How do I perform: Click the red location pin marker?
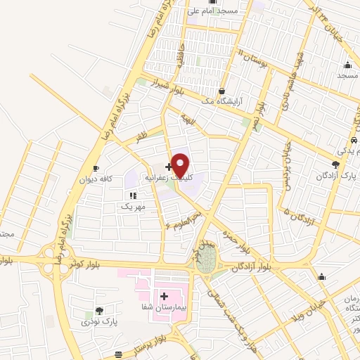(180, 165)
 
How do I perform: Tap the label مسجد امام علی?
(219, 11)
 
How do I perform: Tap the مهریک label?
(134, 206)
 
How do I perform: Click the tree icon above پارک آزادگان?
(335, 165)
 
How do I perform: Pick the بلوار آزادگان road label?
(252, 268)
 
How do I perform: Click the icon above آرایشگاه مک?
(221, 91)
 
